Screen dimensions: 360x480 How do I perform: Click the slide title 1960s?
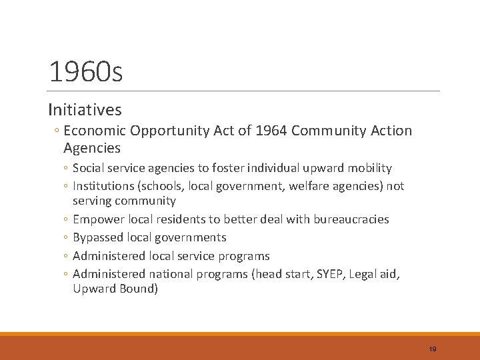86,72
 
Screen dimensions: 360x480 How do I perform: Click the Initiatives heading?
85,109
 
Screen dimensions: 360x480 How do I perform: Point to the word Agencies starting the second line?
92,148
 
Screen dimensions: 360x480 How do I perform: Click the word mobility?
369,168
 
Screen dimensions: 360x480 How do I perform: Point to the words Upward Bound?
115,289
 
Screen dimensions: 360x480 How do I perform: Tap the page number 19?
433,349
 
